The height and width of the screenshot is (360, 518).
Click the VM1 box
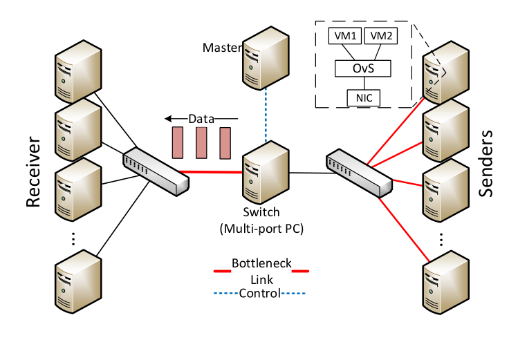345,36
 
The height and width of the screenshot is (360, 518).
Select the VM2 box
380,36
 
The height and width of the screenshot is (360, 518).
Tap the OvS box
363,68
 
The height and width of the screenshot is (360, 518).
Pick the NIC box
364,97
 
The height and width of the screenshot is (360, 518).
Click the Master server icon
266,58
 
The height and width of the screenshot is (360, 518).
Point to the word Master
222,48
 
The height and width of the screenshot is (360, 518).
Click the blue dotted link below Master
266,116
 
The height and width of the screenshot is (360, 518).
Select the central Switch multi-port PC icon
266,172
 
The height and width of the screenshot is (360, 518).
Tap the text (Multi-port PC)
261,228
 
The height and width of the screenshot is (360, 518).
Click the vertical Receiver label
33,171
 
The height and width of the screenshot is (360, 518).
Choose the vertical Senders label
485,164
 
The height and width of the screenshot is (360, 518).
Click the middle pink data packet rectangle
201,143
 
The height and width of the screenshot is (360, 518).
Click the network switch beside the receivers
156,171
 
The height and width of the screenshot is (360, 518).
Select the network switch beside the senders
360,173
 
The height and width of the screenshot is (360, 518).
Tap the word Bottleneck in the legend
261,263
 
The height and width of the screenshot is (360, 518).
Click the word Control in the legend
259,293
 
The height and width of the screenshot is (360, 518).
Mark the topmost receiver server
78,72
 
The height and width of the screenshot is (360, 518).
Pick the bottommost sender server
446,283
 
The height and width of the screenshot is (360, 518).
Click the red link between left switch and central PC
210,171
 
